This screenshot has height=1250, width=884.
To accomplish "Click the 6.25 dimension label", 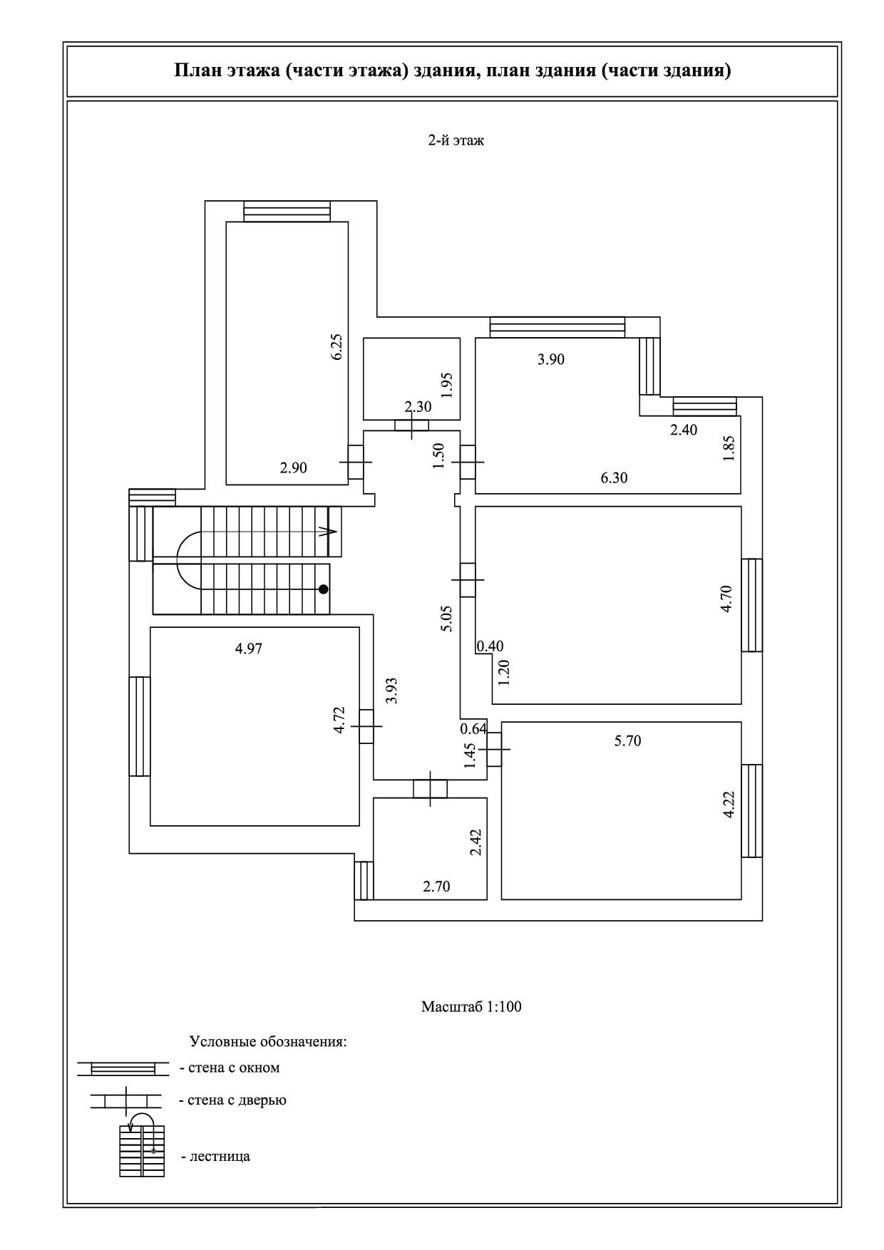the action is (x=337, y=346).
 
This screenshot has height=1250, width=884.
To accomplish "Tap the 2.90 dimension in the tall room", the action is (x=293, y=468).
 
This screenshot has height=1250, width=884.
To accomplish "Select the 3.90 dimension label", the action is (x=550, y=359).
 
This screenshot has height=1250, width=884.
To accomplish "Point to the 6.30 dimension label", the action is (x=614, y=478).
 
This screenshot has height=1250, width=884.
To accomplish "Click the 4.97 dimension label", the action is (x=249, y=649).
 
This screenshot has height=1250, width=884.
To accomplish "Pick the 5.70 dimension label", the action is (x=627, y=741).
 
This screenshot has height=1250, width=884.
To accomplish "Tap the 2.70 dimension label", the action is (x=436, y=887).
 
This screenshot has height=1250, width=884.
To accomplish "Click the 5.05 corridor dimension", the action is (x=446, y=619).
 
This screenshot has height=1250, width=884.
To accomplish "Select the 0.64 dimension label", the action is (x=473, y=729).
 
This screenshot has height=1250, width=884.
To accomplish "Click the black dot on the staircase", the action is (x=324, y=589).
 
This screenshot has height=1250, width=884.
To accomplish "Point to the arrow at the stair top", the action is (x=328, y=531).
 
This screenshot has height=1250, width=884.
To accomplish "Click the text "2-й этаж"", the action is (x=456, y=140).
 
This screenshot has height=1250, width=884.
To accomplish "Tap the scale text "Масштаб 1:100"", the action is (x=471, y=1007).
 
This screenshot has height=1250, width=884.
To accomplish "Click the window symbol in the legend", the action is (x=123, y=1068).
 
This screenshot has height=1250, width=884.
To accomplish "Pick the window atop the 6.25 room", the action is (x=287, y=212).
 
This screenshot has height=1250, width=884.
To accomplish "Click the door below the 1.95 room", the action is (x=412, y=425).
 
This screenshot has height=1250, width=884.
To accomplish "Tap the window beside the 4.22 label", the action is (x=752, y=811).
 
